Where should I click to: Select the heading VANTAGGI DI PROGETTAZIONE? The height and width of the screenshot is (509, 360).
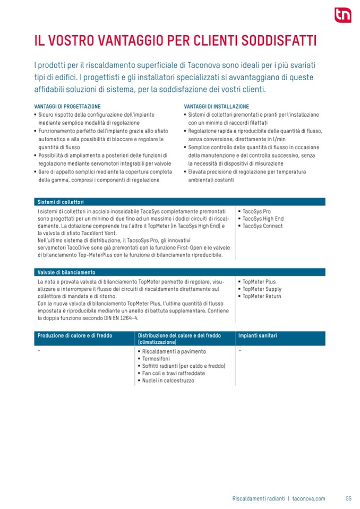[x=67, y=107]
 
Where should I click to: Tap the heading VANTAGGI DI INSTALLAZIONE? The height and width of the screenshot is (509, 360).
[x=216, y=107]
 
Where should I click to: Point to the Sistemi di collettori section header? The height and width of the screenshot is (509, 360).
[x=61, y=202]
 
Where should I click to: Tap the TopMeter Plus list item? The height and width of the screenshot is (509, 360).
[x=259, y=282]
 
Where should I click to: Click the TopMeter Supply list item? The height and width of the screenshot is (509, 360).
[x=262, y=289]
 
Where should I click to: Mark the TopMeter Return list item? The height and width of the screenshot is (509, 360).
[x=262, y=296]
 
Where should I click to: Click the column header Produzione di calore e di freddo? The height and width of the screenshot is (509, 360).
[x=78, y=336]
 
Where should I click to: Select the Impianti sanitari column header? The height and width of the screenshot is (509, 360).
[x=258, y=336]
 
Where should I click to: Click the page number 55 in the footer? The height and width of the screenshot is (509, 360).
[x=348, y=498]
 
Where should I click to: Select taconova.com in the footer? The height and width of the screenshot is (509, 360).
[x=308, y=498]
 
